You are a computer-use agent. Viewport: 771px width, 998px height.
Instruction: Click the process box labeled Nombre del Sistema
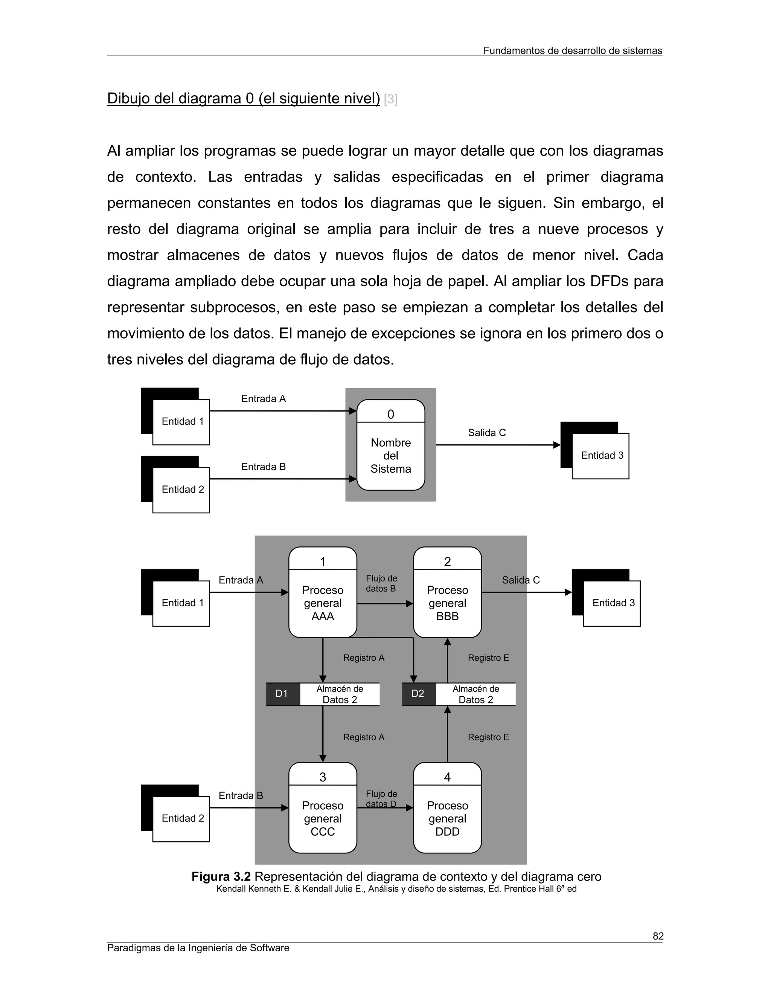390,455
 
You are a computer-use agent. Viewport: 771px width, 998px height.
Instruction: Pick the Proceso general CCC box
323,818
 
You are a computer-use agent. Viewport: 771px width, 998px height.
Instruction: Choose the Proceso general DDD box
447,818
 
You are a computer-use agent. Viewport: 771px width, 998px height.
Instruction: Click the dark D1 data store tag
282,694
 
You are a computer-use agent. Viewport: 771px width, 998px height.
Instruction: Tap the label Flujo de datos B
381,583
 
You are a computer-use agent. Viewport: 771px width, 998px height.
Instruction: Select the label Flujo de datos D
381,799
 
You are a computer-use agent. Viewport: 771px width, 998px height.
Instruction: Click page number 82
658,936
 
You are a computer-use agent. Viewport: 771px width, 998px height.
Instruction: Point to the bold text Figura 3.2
221,876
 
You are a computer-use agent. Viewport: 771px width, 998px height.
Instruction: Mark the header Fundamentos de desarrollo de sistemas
572,51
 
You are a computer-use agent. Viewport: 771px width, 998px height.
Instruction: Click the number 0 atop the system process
390,414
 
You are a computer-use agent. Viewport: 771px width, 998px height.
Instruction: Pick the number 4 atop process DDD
447,777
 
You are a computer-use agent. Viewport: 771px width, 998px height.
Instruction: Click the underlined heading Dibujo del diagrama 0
243,99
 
